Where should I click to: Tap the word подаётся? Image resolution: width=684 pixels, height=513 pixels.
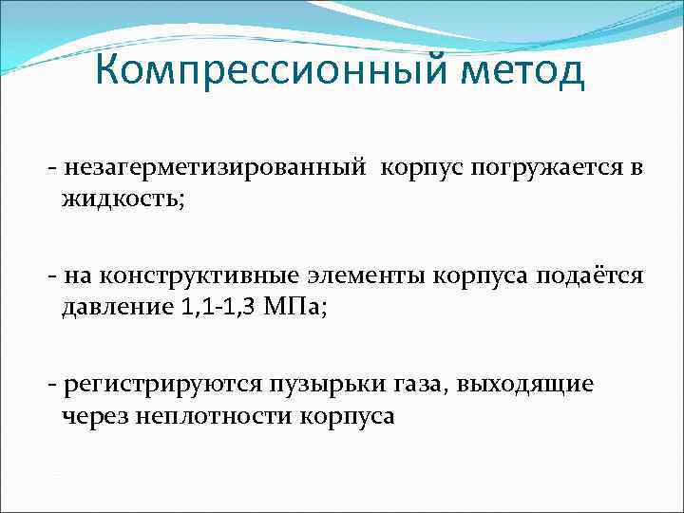click(590, 276)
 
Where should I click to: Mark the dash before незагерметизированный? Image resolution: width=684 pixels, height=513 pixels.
click(50, 169)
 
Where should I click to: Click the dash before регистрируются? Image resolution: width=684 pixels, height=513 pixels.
click(50, 384)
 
